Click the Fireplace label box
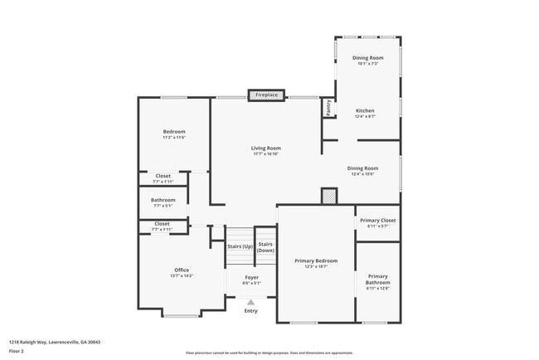[266, 95]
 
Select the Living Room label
[265, 148]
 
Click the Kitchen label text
[365, 110]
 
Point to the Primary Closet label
[377, 220]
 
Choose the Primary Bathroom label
[377, 279]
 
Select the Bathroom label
[163, 200]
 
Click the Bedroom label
[174, 132]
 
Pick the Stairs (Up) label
[240, 246]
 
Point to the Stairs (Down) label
[265, 246]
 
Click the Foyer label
[251, 277]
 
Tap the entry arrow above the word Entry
[251, 303]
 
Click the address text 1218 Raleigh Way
[48, 341]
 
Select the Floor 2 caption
[17, 351]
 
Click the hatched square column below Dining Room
[330, 196]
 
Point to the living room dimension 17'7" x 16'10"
[265, 154]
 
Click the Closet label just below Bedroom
[163, 176]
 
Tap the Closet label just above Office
[162, 223]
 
